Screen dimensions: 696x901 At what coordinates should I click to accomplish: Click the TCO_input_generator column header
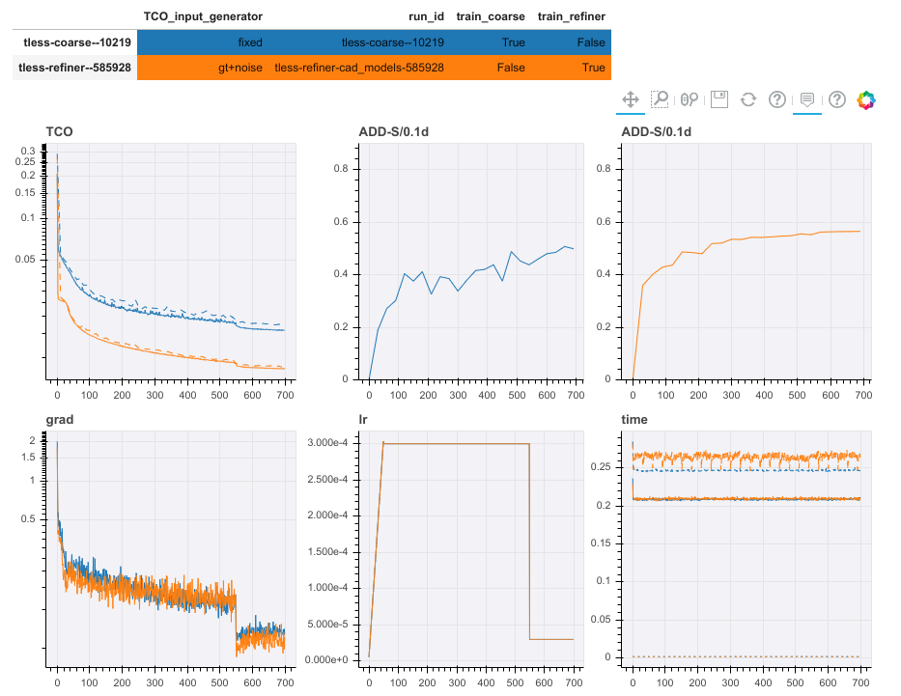pyautogui.click(x=203, y=16)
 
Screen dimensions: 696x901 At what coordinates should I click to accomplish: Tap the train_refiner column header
pyautogui.click(x=572, y=16)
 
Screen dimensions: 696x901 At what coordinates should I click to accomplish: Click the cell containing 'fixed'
pyautogui.click(x=249, y=42)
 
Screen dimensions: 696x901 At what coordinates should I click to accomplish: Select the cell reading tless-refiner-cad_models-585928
pyautogui.click(x=359, y=68)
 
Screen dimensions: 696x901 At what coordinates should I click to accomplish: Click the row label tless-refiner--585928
pyautogui.click(x=75, y=68)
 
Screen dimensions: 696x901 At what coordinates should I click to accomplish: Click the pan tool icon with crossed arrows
pyautogui.click(x=630, y=99)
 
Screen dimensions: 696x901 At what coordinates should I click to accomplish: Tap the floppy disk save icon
pyautogui.click(x=718, y=99)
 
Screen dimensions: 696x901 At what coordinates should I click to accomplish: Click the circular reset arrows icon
pyautogui.click(x=747, y=99)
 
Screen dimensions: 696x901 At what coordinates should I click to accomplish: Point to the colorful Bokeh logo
pyautogui.click(x=866, y=99)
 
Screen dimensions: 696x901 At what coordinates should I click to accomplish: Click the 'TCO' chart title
pyautogui.click(x=59, y=131)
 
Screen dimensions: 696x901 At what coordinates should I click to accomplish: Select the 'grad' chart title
pyautogui.click(x=61, y=421)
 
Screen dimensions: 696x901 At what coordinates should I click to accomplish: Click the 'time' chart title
pyautogui.click(x=634, y=421)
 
